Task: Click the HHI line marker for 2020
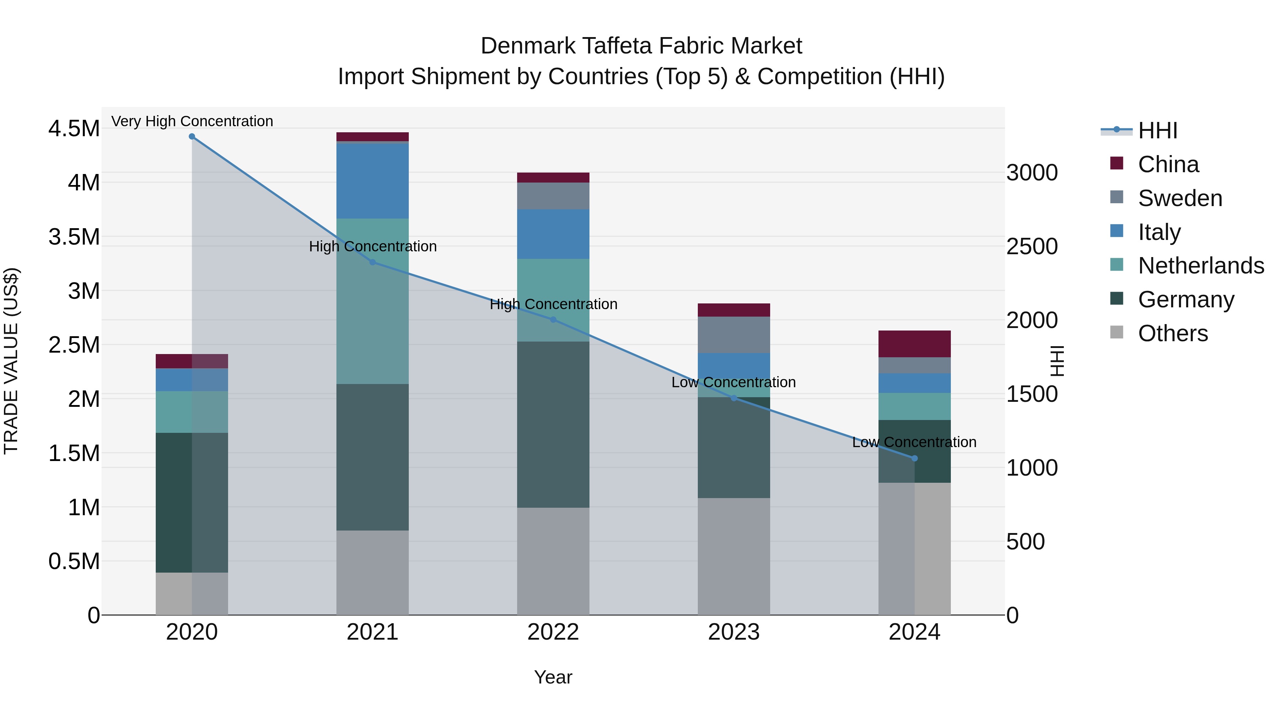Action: click(x=192, y=137)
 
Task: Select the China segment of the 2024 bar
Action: click(x=914, y=344)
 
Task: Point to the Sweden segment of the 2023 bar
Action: click(x=734, y=335)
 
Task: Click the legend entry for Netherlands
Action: click(x=1200, y=266)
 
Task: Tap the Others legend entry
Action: click(x=1173, y=333)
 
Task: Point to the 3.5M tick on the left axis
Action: click(x=74, y=237)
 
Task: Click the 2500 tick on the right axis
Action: click(x=1032, y=247)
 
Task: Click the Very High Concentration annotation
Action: click(x=192, y=121)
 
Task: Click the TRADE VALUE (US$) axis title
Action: click(x=11, y=361)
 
